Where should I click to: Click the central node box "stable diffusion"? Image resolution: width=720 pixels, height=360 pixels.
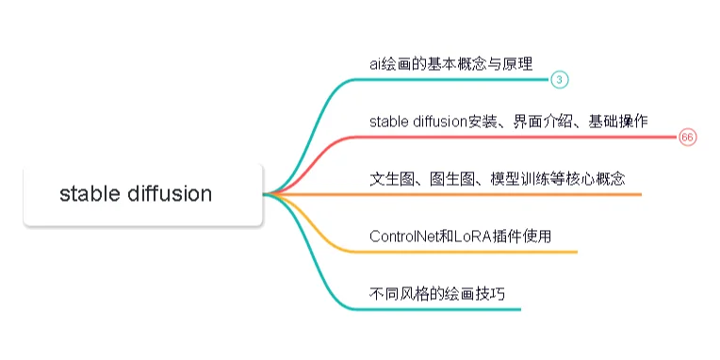(x=141, y=195)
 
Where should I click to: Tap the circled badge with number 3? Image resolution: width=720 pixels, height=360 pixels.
(x=559, y=80)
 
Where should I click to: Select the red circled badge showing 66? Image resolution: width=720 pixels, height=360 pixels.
(x=687, y=138)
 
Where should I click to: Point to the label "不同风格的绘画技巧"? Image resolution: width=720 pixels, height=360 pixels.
(x=437, y=293)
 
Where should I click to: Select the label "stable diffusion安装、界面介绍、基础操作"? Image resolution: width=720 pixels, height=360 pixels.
(x=508, y=121)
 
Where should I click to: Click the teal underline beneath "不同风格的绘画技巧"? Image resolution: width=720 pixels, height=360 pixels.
(x=443, y=309)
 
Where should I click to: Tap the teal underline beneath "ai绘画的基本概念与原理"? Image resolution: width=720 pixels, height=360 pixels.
(x=452, y=80)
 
